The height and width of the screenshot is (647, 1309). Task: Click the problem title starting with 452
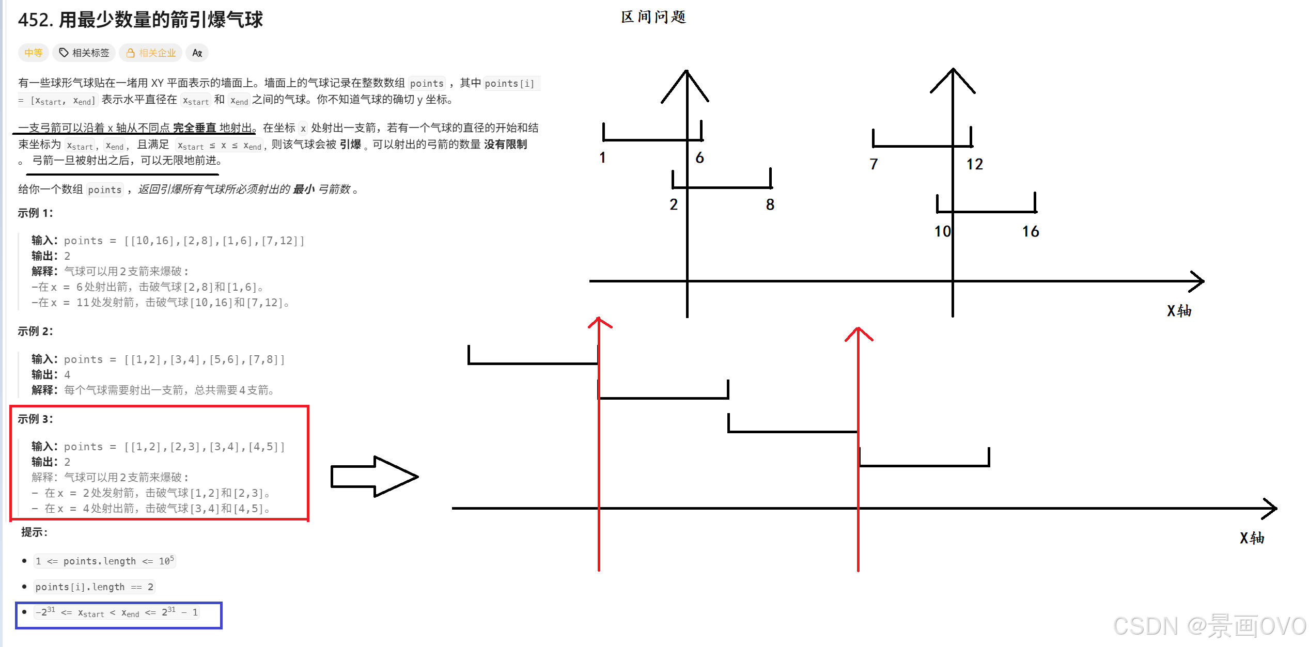[x=140, y=20]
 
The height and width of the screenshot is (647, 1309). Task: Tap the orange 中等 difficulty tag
[x=34, y=53]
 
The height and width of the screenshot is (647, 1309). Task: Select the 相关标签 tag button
[x=84, y=53]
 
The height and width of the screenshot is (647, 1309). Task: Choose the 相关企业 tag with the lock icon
[x=151, y=53]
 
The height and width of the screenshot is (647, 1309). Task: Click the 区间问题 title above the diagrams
[x=653, y=17]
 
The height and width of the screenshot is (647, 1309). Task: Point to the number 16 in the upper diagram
[x=1030, y=231]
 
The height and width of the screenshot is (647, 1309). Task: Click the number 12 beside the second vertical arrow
[x=974, y=164]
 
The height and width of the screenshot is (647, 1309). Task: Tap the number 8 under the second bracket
[x=770, y=205]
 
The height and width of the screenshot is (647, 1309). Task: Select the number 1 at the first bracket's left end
[x=602, y=157]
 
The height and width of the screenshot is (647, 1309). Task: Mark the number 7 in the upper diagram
[x=874, y=164]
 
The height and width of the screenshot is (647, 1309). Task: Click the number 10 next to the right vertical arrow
[x=942, y=231]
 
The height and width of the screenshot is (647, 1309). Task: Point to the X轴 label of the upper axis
[x=1179, y=311]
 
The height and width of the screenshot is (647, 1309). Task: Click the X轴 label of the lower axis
[x=1252, y=538]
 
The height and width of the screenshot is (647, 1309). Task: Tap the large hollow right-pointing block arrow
[x=374, y=477]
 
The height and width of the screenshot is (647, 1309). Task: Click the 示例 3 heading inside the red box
[x=35, y=419]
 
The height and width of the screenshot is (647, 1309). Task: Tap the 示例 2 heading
[x=35, y=331]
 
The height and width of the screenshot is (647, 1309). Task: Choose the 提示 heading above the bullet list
[x=34, y=532]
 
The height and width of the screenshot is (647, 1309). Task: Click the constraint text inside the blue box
[x=117, y=613]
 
